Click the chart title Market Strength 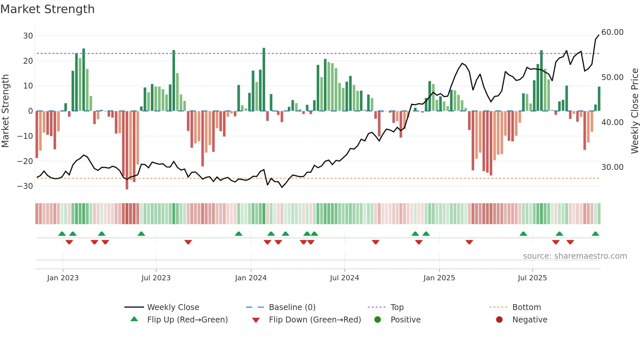[47, 9]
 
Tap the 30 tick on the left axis [28, 36]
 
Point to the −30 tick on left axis [25, 186]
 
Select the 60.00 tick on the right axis [612, 32]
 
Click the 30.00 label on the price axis [612, 167]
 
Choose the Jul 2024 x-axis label [344, 278]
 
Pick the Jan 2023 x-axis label [63, 278]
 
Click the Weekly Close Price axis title [634, 111]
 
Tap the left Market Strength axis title [5, 111]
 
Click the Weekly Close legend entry [173, 307]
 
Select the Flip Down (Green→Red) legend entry [314, 320]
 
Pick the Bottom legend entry [526, 307]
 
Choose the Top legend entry [397, 307]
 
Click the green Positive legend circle [377, 320]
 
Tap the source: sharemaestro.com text [575, 256]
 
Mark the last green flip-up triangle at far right [595, 234]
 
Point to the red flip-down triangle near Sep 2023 [188, 242]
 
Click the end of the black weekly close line [599, 35]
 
